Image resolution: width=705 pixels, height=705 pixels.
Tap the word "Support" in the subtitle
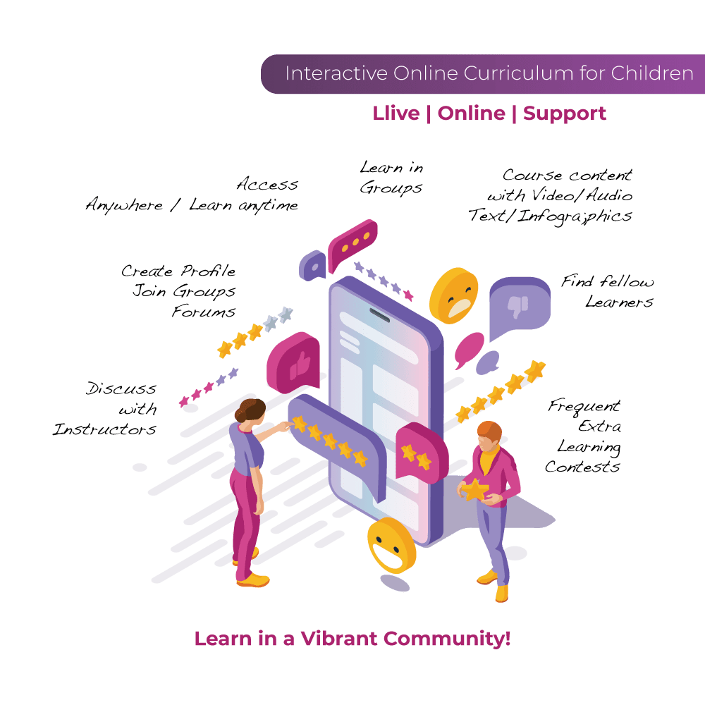564,114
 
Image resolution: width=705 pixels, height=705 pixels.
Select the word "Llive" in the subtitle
396,114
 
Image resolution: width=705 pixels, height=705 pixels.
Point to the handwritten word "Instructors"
104,429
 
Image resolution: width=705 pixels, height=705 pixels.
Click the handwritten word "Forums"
204,311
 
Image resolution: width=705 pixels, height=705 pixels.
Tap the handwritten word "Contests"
582,467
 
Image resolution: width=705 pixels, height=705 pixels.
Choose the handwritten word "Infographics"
575,216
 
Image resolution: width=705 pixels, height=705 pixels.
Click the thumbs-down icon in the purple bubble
517,307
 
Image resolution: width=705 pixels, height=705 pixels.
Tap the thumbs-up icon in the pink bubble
300,365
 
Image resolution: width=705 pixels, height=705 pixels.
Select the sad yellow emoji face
453,296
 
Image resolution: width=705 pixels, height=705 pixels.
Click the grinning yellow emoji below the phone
391,546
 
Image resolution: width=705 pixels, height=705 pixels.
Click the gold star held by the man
475,490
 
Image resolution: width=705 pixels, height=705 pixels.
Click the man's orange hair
490,431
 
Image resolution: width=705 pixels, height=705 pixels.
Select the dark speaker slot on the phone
379,314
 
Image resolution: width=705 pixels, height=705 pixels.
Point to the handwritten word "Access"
267,184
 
